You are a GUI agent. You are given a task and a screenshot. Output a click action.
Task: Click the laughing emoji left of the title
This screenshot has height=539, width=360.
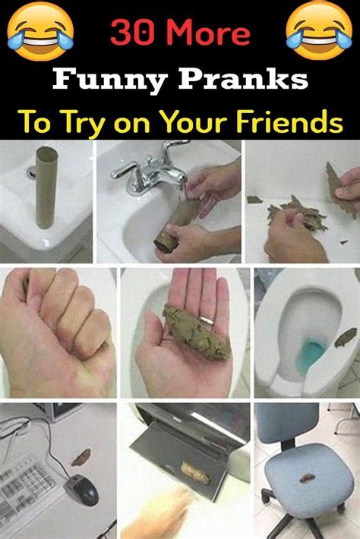coord(40,31)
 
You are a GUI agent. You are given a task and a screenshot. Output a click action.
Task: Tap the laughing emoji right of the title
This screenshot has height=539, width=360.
coord(319,31)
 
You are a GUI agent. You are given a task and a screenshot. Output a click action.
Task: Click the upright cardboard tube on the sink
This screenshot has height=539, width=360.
coord(46,187)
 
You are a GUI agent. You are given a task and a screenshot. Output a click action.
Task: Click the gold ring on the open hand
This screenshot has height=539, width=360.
coord(207,320)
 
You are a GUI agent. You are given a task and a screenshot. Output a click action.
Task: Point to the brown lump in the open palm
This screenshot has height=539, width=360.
coord(195,332)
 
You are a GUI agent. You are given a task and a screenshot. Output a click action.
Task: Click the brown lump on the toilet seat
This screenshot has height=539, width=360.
coord(346,338)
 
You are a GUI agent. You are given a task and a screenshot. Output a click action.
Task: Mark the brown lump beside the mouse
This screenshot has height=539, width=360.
coord(81,457)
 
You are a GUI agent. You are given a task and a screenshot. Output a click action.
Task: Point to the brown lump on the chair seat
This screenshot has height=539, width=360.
coord(307,478)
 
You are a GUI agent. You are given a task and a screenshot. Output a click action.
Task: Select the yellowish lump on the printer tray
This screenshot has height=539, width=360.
coord(194,473)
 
